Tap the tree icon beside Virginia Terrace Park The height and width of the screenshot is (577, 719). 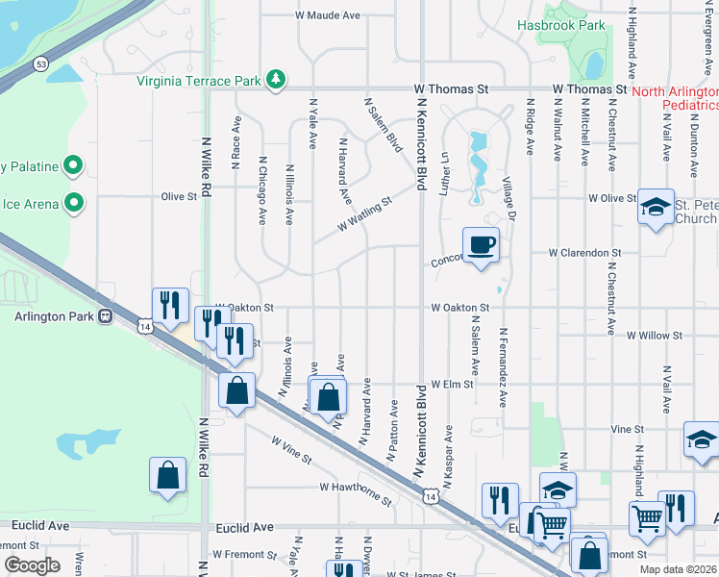click(x=276, y=78)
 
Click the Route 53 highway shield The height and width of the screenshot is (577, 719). click(x=40, y=63)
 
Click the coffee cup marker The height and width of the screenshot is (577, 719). click(x=481, y=244)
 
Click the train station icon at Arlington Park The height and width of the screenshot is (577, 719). click(x=106, y=315)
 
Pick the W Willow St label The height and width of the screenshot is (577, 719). click(x=654, y=337)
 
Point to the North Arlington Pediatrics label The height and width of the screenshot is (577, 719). click(x=676, y=97)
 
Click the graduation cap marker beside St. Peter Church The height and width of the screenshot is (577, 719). click(x=656, y=208)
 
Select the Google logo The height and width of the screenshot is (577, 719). click(x=32, y=565)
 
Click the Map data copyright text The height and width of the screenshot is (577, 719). click(x=678, y=569)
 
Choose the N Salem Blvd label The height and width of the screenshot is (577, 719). click(x=382, y=125)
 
